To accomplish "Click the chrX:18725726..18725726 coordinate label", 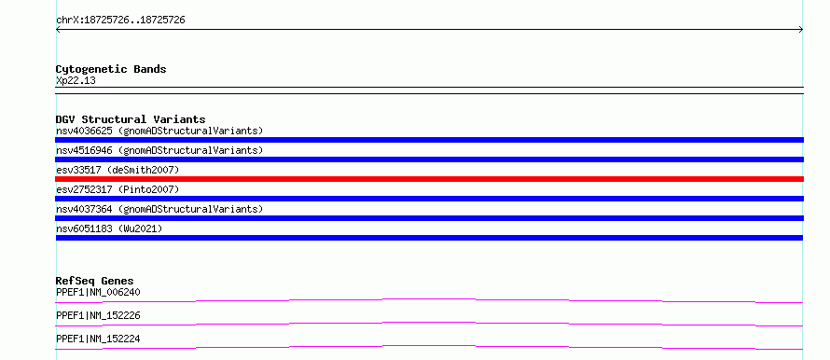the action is (120, 21).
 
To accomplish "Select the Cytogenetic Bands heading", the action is (111, 69).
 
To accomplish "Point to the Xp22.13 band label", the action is (76, 81).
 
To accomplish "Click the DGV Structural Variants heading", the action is (131, 119).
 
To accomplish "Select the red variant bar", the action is (429, 179).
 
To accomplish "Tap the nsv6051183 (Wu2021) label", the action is (109, 228).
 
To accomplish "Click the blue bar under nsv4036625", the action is (429, 140).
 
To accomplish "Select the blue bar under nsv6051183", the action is (429, 238).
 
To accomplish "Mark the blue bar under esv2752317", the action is (429, 199).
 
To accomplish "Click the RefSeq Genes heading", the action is (95, 281).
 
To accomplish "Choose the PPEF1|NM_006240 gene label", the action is (98, 292).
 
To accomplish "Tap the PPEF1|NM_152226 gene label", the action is (98, 315).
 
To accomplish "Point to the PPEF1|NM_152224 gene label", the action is (98, 339).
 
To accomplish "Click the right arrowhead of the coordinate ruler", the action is (801, 30).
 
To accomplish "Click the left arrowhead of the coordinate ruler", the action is (58, 30).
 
